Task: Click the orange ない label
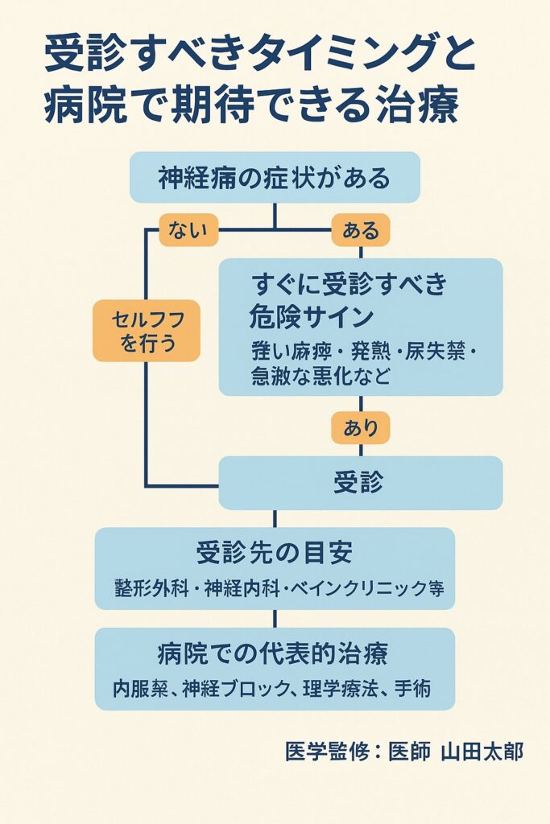click(189, 231)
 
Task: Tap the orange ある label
click(360, 231)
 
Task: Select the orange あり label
click(360, 427)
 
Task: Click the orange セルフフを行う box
click(146, 332)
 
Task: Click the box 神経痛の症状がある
click(275, 178)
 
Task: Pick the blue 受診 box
click(360, 483)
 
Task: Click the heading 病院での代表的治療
click(275, 653)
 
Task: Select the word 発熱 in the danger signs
click(373, 352)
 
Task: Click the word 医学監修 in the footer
click(323, 752)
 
